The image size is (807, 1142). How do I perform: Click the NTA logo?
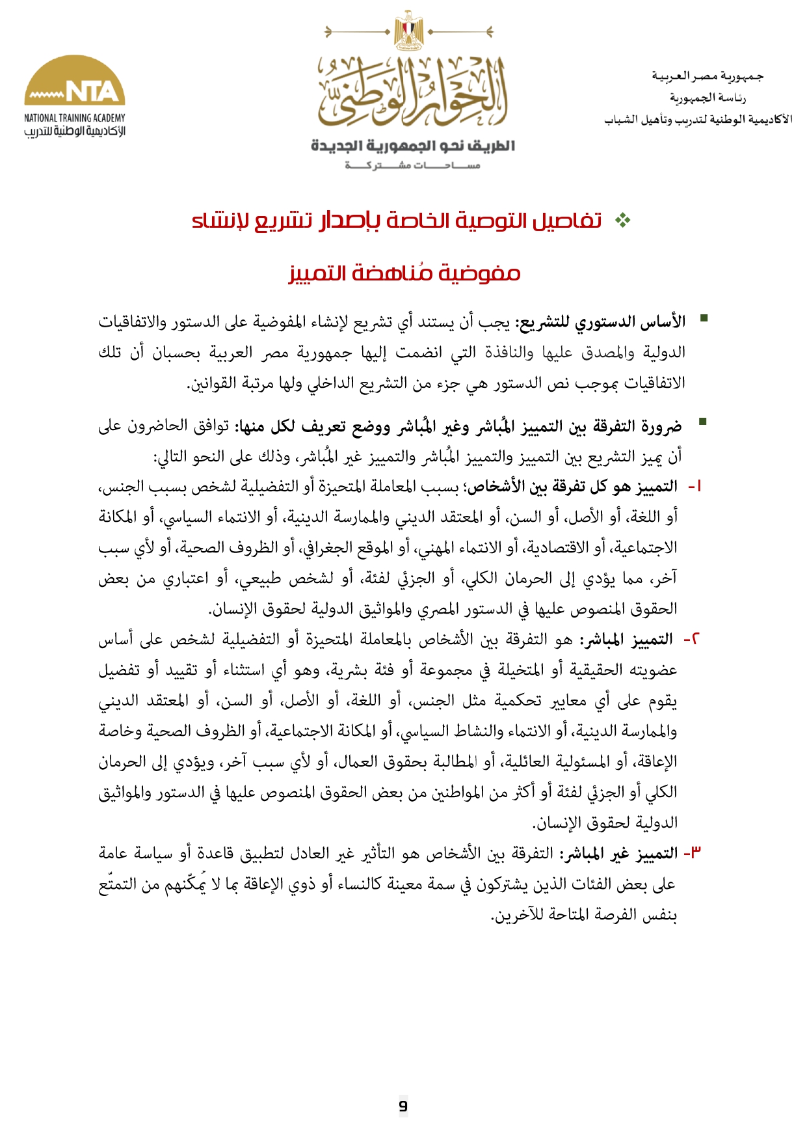pyautogui.click(x=75, y=81)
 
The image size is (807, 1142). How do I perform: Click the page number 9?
pyautogui.click(x=403, y=1106)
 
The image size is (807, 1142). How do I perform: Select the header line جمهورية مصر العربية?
pyautogui.click(x=708, y=76)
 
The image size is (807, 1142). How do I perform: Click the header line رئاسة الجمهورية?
pyautogui.click(x=708, y=98)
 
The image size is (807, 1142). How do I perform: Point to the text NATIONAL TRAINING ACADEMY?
pyautogui.click(x=75, y=118)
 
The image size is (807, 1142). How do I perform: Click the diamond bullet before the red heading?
pyautogui.click(x=622, y=221)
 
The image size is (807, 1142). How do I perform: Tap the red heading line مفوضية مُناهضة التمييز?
pyautogui.click(x=404, y=273)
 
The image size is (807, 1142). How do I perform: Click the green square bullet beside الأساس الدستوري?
pyautogui.click(x=702, y=318)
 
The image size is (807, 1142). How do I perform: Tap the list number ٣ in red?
pyautogui.click(x=693, y=852)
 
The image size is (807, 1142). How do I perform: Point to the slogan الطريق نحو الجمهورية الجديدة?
pyautogui.click(x=413, y=146)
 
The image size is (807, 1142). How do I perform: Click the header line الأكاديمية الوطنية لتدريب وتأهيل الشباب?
pyautogui.click(x=698, y=120)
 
